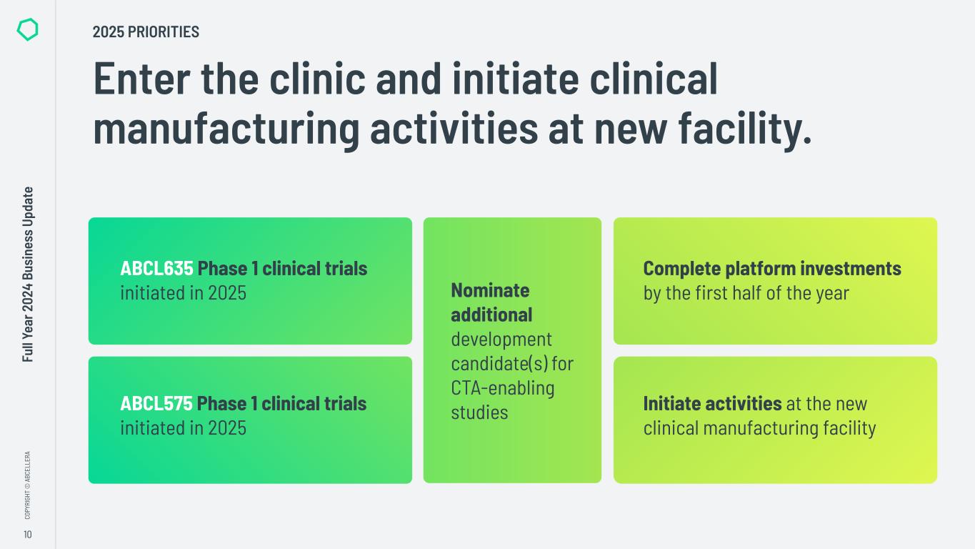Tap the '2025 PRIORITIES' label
[x=146, y=31]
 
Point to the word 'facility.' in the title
[x=745, y=128]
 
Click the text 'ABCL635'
[x=156, y=268]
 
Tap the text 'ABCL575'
[x=156, y=403]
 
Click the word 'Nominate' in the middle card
[x=490, y=290]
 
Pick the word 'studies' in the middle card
[x=479, y=412]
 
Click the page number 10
[x=27, y=535]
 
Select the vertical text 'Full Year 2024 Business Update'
[x=28, y=274]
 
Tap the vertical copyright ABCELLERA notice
[x=27, y=485]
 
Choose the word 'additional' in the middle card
[x=491, y=315]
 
